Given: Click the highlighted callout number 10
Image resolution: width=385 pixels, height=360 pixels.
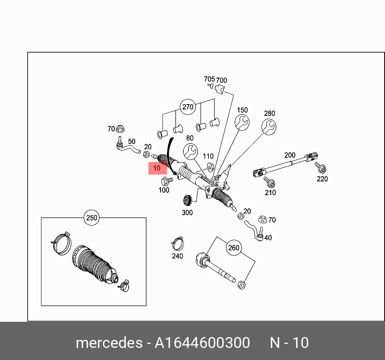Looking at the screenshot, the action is click(157, 168).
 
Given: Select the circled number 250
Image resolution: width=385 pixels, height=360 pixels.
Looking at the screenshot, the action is click(92, 218).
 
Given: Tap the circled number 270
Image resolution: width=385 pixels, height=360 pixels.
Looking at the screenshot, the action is click(188, 107).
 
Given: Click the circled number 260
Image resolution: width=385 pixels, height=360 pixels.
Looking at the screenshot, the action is click(233, 248).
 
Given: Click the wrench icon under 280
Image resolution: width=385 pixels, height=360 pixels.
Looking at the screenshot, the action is click(269, 127).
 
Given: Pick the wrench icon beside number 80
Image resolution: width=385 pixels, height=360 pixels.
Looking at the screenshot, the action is click(190, 152).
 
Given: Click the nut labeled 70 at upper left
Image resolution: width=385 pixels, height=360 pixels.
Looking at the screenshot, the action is click(120, 129).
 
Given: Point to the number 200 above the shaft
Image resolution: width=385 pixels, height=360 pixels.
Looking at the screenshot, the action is click(290, 155).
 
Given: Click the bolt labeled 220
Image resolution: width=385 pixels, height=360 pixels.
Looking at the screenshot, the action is click(321, 167).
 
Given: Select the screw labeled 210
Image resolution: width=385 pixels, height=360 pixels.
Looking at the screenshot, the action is click(270, 183).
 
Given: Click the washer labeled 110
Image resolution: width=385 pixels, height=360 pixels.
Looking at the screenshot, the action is click(209, 167).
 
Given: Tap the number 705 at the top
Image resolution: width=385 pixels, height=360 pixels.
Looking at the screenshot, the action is click(209, 79).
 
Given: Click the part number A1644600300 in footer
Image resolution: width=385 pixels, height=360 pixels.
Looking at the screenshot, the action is click(203, 343).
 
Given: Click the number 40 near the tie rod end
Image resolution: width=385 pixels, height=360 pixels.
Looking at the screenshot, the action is click(268, 238).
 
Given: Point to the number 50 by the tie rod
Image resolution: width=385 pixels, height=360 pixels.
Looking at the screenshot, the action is click(132, 142).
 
